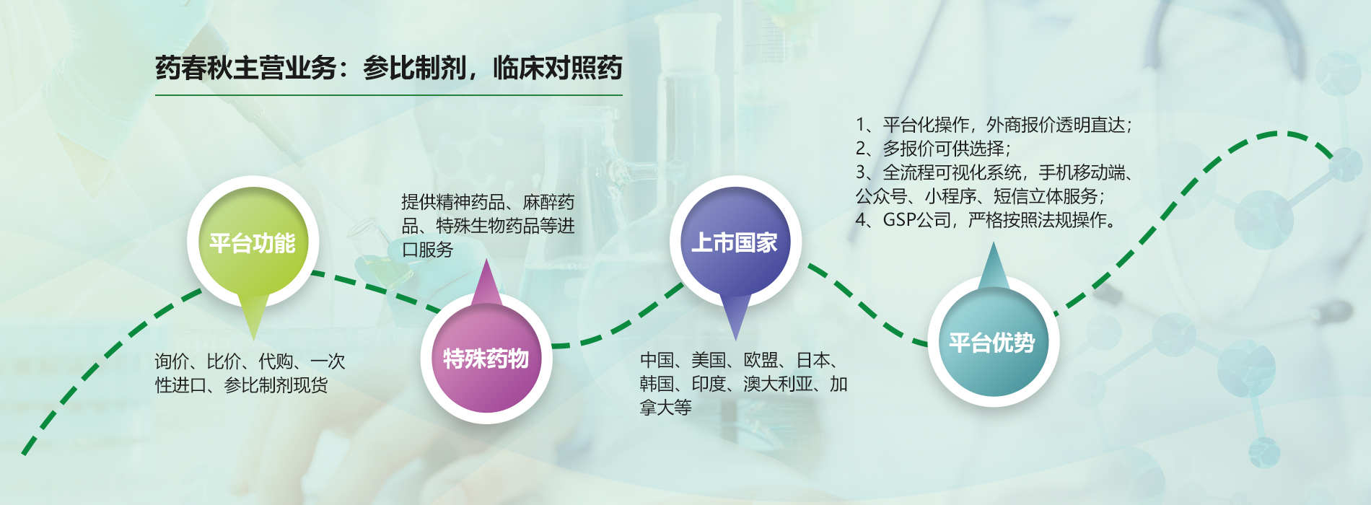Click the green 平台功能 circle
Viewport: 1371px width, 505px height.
click(253, 242)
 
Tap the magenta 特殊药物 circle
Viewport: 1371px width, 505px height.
click(486, 358)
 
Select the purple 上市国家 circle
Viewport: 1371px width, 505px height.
click(735, 242)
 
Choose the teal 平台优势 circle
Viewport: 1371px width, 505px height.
click(993, 341)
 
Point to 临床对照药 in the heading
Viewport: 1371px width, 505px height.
click(557, 69)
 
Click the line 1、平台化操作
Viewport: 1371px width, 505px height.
click(994, 125)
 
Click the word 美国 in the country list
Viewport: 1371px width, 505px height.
click(709, 360)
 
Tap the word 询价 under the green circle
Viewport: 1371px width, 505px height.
click(172, 361)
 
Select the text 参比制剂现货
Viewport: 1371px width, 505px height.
click(276, 385)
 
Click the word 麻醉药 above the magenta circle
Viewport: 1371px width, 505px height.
click(548, 202)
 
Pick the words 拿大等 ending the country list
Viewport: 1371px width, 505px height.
click(665, 408)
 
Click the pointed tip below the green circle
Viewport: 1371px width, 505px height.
click(253, 340)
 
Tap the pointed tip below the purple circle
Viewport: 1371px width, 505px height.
click(735, 340)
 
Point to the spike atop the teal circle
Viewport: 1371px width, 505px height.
click(994, 243)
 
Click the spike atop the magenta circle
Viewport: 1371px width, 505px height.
click(486, 260)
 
